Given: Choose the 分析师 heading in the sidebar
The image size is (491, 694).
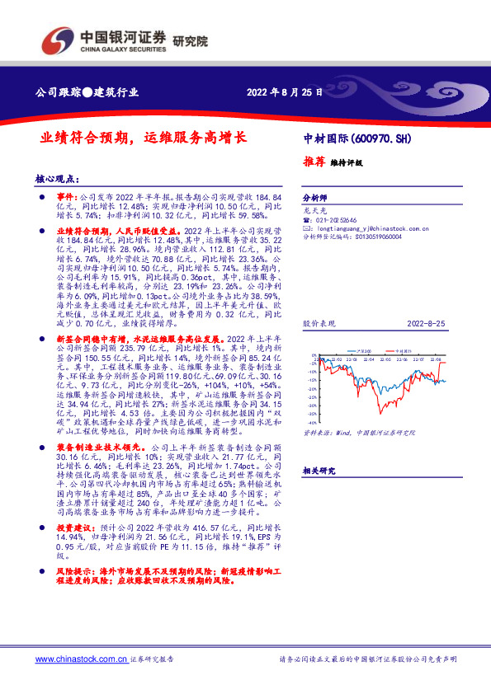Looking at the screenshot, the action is coord(315,199).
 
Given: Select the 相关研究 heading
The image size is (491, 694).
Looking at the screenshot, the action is coord(318,471).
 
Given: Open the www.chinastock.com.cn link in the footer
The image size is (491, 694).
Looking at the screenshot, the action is coord(81,659).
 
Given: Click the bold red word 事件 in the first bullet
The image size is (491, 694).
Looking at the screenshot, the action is coord(64,199).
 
